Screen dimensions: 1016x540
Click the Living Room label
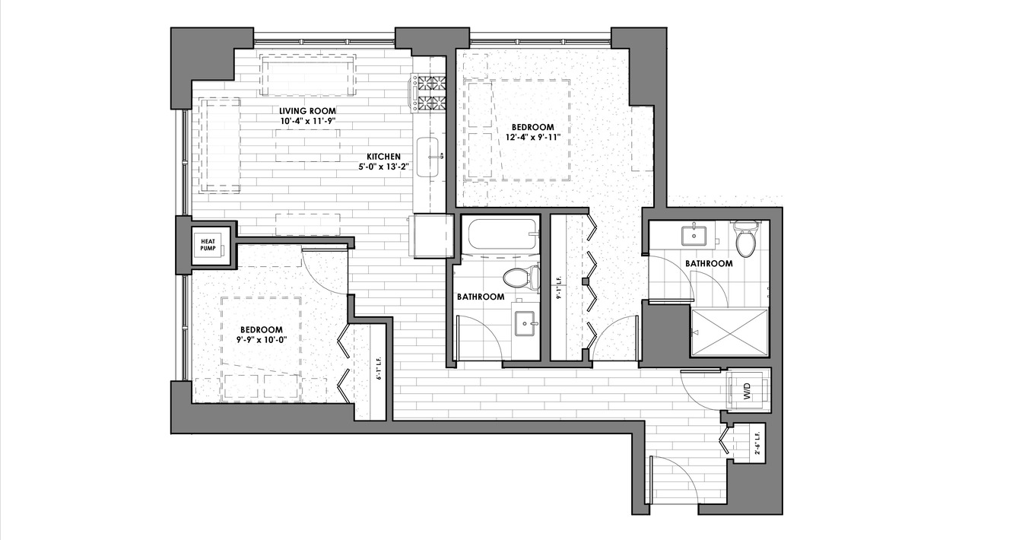tap(307, 111)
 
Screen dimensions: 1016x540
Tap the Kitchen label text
tap(384, 157)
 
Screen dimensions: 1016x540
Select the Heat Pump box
tap(208, 245)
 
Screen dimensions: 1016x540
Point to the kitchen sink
tap(427, 157)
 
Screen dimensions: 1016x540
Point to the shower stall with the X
tap(729, 332)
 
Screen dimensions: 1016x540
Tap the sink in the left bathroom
tap(525, 323)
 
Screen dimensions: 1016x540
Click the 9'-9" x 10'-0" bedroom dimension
tap(262, 340)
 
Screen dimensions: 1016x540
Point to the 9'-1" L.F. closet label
tap(560, 287)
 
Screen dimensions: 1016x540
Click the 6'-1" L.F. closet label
tap(379, 367)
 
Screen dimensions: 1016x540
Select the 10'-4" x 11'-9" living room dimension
tap(307, 121)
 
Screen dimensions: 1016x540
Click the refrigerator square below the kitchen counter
tap(431, 236)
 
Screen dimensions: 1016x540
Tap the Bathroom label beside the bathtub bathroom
tap(481, 297)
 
